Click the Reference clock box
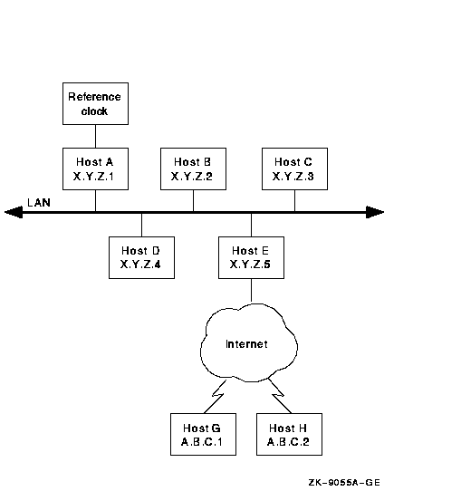tap(95, 103)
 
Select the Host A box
tap(95, 168)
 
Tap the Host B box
tap(194, 168)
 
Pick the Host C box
tap(295, 168)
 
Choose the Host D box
tap(142, 257)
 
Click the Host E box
tap(251, 257)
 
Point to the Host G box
tap(204, 434)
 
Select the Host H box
tap(290, 434)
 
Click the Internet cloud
tap(249, 343)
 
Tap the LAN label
tap(39, 203)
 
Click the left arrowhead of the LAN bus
tap(14, 212)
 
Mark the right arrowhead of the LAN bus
tap(375, 212)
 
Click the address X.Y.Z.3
tap(293, 177)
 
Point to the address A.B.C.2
tap(288, 442)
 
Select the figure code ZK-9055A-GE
tap(344, 483)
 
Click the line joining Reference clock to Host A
tap(95, 136)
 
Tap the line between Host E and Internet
tap(251, 290)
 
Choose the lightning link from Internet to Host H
tap(280, 396)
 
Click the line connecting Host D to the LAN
tap(142, 226)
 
